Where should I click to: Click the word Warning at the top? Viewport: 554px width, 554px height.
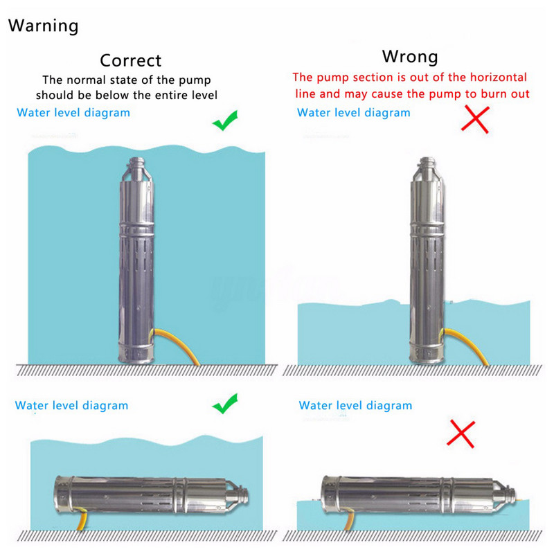pyautogui.click(x=43, y=26)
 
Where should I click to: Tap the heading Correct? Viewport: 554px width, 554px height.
pyautogui.click(x=131, y=60)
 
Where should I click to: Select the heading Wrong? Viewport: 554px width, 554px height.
pyautogui.click(x=410, y=57)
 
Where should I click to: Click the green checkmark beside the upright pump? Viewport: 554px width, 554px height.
pyautogui.click(x=225, y=120)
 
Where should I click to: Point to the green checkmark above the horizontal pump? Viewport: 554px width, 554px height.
pyautogui.click(x=225, y=404)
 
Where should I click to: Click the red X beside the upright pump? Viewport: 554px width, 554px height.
pyautogui.click(x=475, y=119)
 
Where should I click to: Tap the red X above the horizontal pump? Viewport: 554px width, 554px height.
pyautogui.click(x=461, y=434)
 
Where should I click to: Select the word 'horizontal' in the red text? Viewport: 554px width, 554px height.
pyautogui.click(x=499, y=77)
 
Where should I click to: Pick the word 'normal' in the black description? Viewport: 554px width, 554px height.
pyautogui.click(x=86, y=80)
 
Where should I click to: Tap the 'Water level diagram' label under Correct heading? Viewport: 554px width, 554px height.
pyautogui.click(x=73, y=113)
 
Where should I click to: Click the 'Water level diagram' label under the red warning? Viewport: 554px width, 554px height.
pyautogui.click(x=354, y=113)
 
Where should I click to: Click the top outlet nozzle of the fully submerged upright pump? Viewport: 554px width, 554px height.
pyautogui.click(x=136, y=163)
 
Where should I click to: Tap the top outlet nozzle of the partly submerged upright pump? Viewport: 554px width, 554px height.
pyautogui.click(x=427, y=163)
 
